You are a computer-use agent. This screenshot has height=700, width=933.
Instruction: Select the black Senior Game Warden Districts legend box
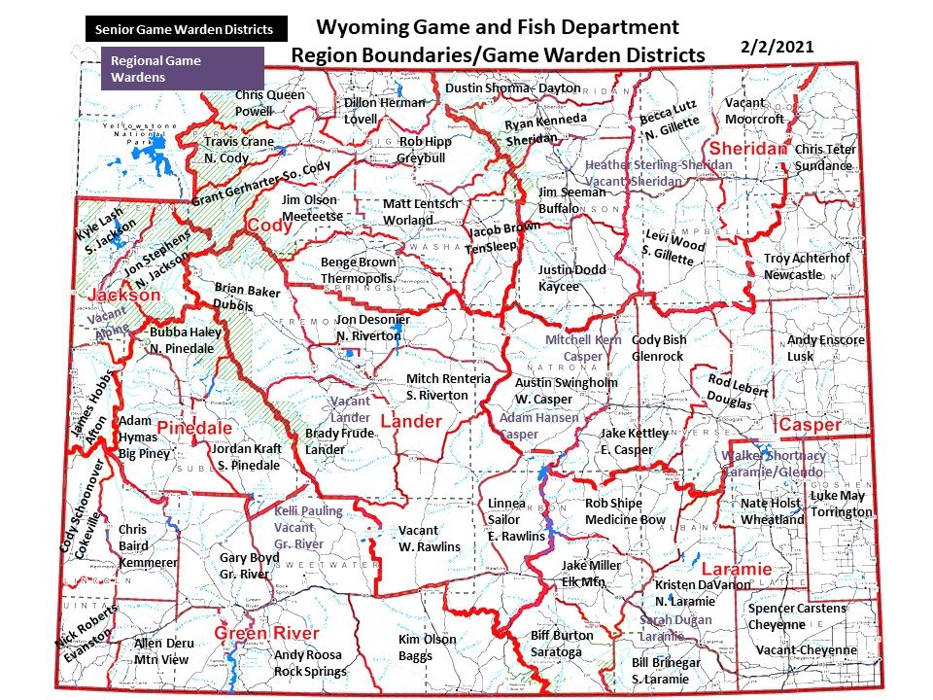[184, 29]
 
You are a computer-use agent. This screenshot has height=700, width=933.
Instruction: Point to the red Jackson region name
[123, 295]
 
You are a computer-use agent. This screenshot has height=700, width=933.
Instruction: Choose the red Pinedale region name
[194, 428]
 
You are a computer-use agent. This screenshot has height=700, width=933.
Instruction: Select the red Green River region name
[265, 634]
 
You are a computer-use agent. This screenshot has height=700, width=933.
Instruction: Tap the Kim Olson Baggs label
[428, 647]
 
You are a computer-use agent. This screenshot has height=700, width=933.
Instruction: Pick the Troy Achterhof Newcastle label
[806, 266]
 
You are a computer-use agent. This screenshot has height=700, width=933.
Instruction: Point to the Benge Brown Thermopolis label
[359, 270]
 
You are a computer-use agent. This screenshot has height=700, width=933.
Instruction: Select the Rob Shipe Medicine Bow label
[625, 511]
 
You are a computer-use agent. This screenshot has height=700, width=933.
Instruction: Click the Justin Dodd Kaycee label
[572, 277]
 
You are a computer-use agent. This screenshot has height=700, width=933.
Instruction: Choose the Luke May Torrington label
[842, 504]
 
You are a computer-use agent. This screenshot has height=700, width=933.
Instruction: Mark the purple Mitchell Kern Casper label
[583, 348]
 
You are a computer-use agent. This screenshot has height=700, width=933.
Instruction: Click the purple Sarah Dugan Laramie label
[675, 627]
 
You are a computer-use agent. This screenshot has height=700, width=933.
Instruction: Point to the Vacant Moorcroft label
[754, 111]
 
